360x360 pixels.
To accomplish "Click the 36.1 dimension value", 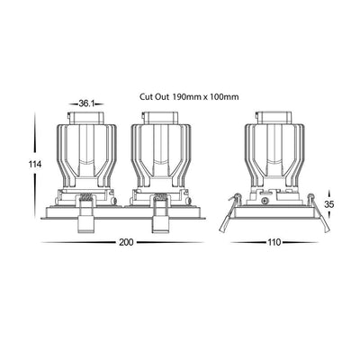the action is [86, 103].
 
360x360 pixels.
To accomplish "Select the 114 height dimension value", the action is [35, 165].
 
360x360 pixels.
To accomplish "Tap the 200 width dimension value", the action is [126, 242].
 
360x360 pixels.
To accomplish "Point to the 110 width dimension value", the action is [274, 242].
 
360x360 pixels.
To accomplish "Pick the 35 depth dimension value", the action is [329, 204].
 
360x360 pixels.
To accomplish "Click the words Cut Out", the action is [152, 97].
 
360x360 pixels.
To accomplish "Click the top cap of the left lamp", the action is [86, 118].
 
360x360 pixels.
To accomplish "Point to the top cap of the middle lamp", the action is [161, 118].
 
